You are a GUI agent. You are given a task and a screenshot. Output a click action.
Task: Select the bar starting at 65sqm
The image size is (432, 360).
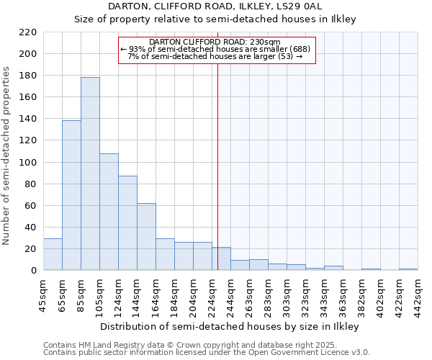point(71,195)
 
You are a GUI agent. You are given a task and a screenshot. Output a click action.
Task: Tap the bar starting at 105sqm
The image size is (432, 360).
point(109,212)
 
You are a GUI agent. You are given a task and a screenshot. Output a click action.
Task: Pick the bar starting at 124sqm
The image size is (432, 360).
point(127,223)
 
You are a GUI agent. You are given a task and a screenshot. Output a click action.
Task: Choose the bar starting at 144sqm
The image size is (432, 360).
point(146,237)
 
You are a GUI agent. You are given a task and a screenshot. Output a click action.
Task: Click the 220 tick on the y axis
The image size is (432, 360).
point(28,32)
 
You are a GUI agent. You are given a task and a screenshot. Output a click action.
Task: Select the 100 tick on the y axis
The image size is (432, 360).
point(28,163)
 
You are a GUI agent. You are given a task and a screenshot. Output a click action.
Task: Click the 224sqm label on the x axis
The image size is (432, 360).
point(212,296)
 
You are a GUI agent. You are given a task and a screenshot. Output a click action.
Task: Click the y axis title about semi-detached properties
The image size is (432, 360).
point(6,156)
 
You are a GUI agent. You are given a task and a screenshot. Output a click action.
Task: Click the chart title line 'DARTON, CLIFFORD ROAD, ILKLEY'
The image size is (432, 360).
point(215,6)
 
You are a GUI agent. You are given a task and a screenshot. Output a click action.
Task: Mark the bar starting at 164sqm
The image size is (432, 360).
point(165,254)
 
